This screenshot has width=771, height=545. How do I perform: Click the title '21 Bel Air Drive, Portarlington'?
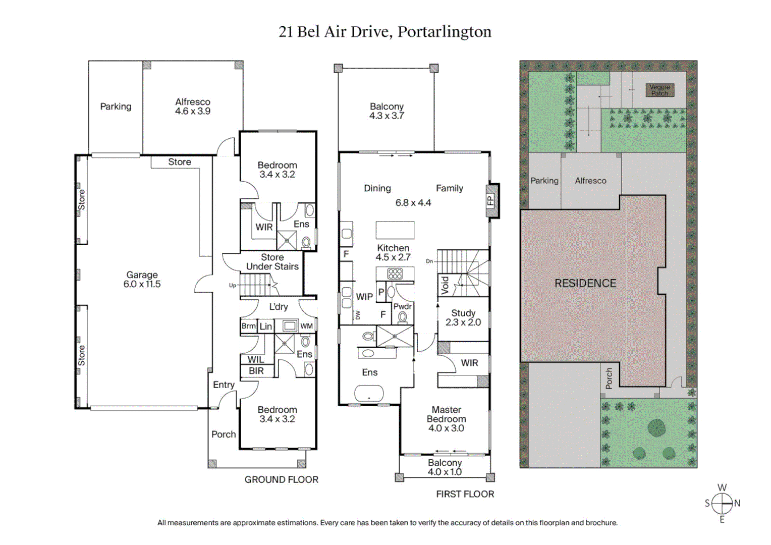tap(385, 32)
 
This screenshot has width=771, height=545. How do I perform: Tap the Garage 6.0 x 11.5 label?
tap(142, 280)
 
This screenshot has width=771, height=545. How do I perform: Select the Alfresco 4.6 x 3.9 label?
tap(193, 106)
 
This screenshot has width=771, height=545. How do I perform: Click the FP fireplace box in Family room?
tap(491, 200)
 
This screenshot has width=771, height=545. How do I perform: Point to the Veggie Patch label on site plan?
tap(659, 90)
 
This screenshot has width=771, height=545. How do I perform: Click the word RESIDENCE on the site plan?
tap(585, 284)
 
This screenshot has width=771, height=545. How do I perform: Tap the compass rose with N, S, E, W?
tap(722, 503)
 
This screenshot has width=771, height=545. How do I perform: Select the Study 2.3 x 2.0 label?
tap(463, 318)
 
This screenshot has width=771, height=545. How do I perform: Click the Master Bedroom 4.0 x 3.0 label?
tap(446, 419)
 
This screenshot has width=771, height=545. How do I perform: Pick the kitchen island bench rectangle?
tap(395, 230)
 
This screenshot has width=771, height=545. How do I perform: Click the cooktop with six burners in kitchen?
tap(395, 274)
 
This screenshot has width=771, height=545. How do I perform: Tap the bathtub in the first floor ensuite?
tap(369, 393)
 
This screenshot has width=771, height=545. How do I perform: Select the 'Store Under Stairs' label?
tap(272, 262)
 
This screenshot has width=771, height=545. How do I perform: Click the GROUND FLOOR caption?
tap(281, 480)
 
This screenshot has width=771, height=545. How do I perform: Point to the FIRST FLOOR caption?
tap(465, 495)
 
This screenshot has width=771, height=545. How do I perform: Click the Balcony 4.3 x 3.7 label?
tap(387, 111)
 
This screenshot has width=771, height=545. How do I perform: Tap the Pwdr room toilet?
tap(402, 317)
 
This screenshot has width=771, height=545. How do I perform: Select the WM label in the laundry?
tap(306, 326)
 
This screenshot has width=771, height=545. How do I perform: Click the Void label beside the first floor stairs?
tap(445, 285)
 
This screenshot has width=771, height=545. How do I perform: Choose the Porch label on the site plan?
tap(609, 378)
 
